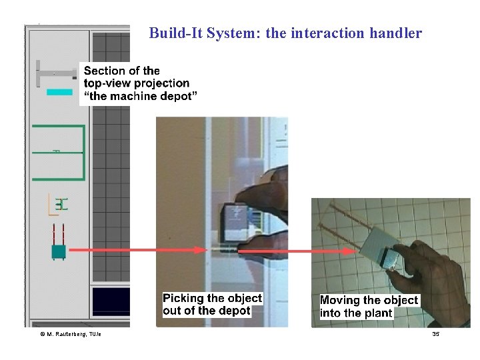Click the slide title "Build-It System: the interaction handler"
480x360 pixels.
285,33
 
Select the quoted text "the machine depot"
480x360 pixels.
141,96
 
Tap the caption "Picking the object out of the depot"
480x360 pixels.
212,304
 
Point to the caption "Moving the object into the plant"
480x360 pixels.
368,307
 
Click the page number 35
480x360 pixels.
435,333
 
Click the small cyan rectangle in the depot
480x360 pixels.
60,92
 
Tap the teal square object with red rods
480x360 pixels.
58,251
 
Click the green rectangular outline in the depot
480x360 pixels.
61,152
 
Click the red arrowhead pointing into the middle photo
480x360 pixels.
202,250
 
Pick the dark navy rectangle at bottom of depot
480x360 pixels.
111,301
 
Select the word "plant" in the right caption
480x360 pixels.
378,313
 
